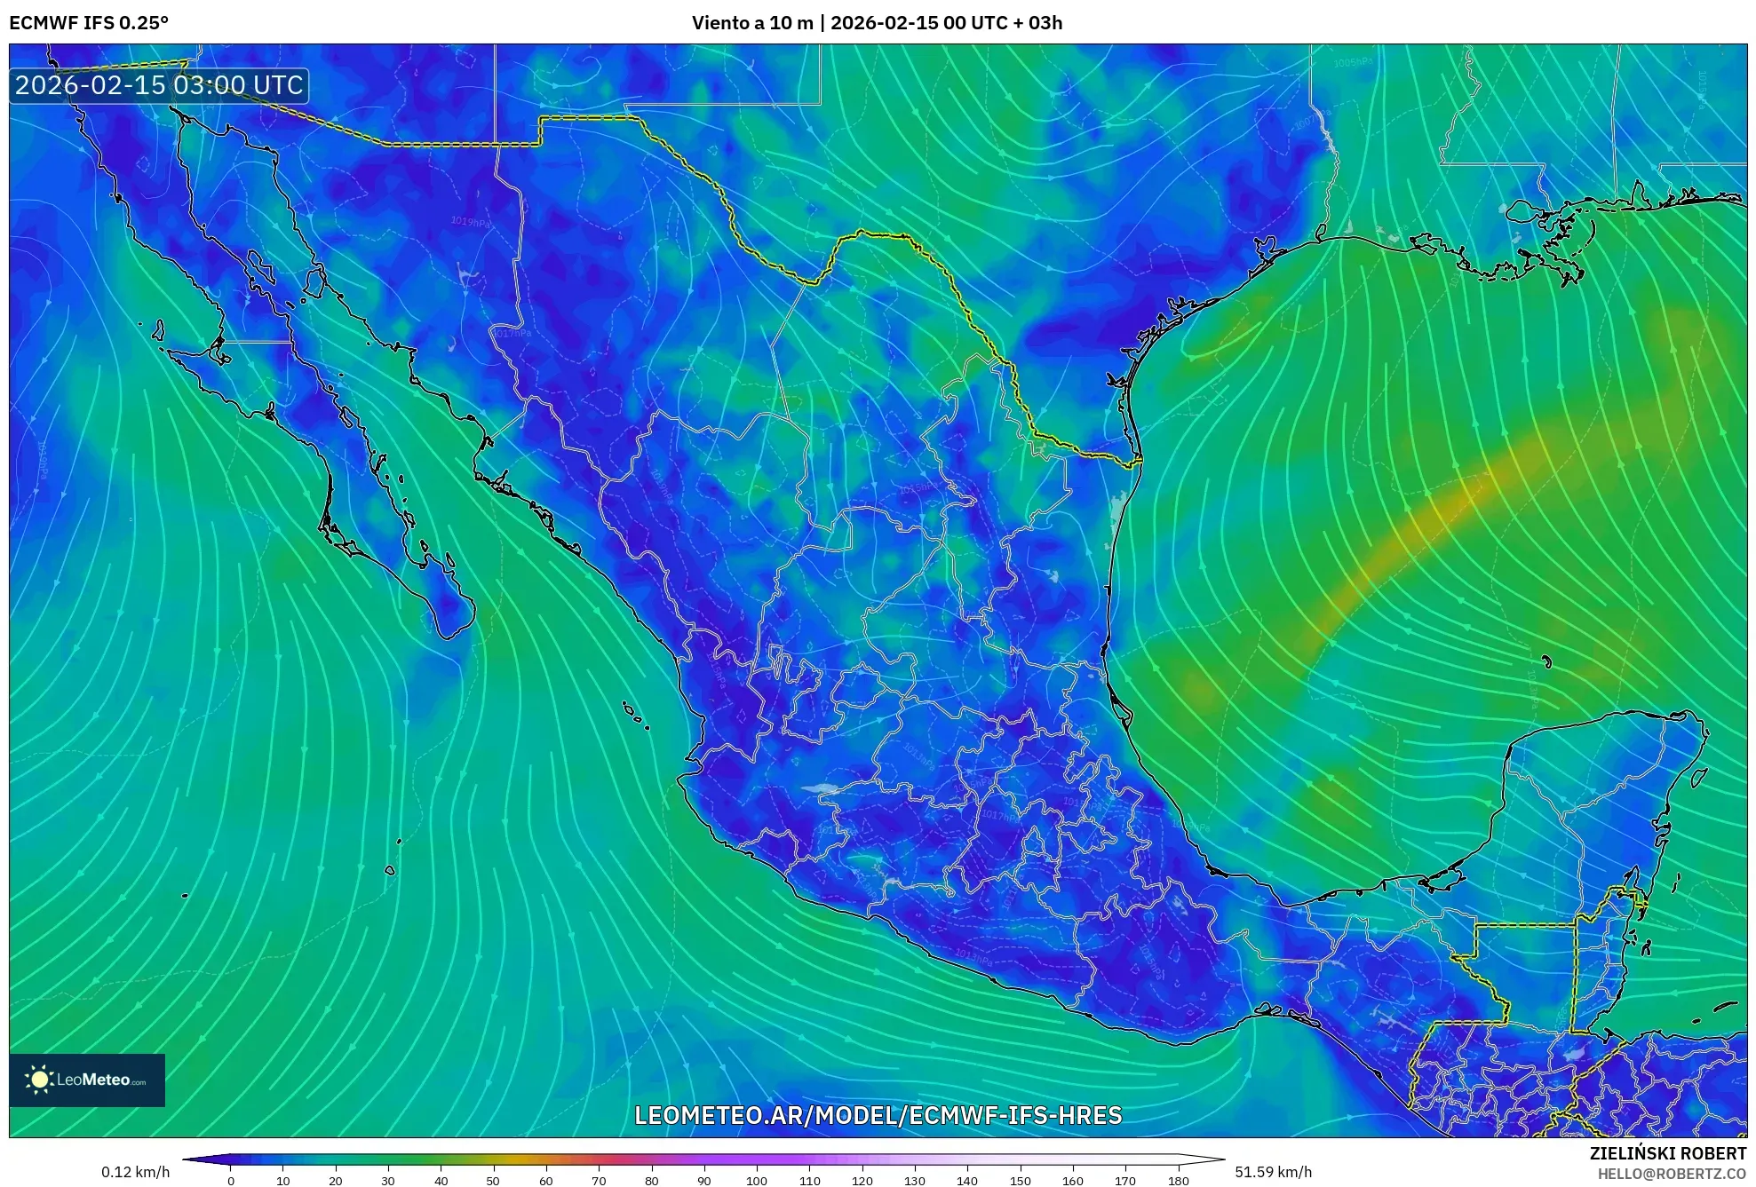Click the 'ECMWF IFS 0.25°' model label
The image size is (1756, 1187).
click(89, 23)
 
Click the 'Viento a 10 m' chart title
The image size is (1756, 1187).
click(751, 23)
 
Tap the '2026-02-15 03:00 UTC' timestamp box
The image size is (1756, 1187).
click(159, 85)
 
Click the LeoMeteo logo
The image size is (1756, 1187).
click(87, 1080)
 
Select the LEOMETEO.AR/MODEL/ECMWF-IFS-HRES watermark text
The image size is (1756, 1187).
click(878, 1115)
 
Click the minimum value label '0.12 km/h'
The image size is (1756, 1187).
click(135, 1172)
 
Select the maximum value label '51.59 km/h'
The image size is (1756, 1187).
click(1273, 1172)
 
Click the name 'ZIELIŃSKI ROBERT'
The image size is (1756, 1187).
click(1667, 1153)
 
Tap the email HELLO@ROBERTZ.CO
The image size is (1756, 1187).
click(1672, 1174)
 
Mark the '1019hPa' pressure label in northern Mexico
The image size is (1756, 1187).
click(470, 222)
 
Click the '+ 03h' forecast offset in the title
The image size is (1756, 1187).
click(1037, 23)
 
